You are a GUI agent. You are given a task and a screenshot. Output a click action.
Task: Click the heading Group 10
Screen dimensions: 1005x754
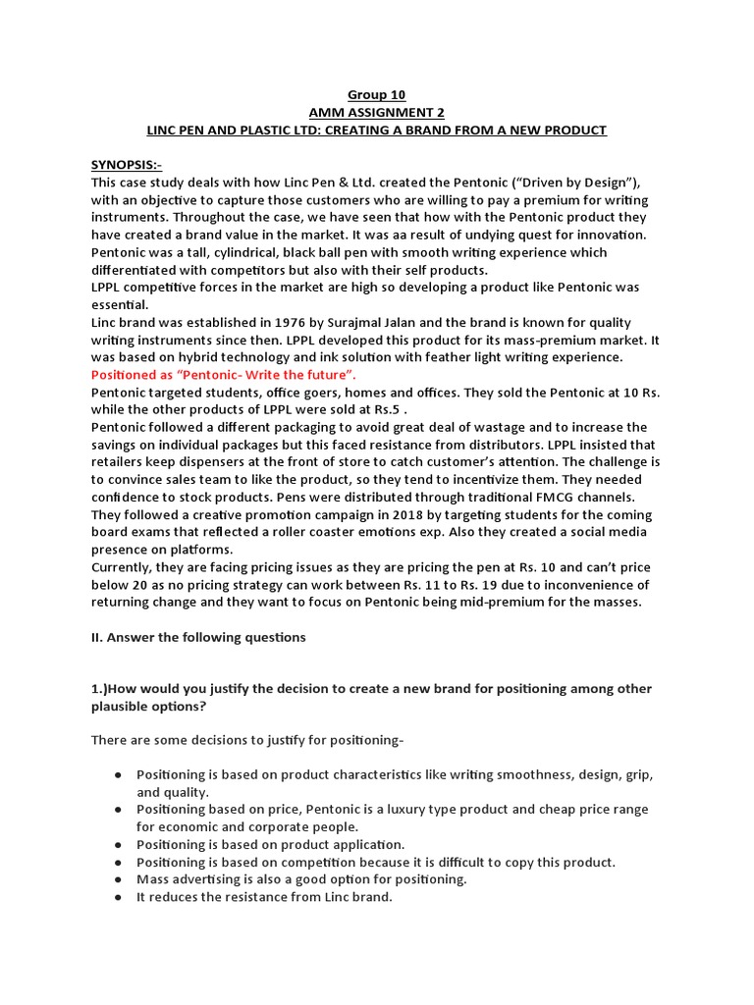[x=377, y=95]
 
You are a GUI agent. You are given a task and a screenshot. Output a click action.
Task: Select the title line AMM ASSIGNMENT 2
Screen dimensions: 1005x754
[x=377, y=113]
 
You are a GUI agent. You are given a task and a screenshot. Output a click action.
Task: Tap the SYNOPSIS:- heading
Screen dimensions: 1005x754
[x=127, y=166]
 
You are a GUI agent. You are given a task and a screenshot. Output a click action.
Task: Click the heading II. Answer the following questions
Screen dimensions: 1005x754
[x=198, y=637]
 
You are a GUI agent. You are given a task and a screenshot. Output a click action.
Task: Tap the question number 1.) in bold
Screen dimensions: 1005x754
[x=100, y=690]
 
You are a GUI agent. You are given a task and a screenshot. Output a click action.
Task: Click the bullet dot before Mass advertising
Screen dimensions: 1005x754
[x=117, y=879]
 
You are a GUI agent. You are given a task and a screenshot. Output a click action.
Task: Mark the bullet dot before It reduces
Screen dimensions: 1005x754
[x=117, y=897]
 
